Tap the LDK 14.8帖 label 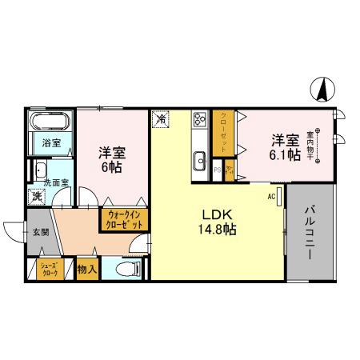[x=217, y=222]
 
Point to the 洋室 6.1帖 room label [x=285, y=146]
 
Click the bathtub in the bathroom [x=50, y=124]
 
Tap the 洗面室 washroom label [x=56, y=182]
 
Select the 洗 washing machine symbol [x=37, y=196]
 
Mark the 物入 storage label [x=86, y=270]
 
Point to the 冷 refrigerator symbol [x=162, y=119]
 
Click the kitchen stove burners [x=199, y=124]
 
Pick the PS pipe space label [x=217, y=170]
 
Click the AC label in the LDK [x=271, y=195]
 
